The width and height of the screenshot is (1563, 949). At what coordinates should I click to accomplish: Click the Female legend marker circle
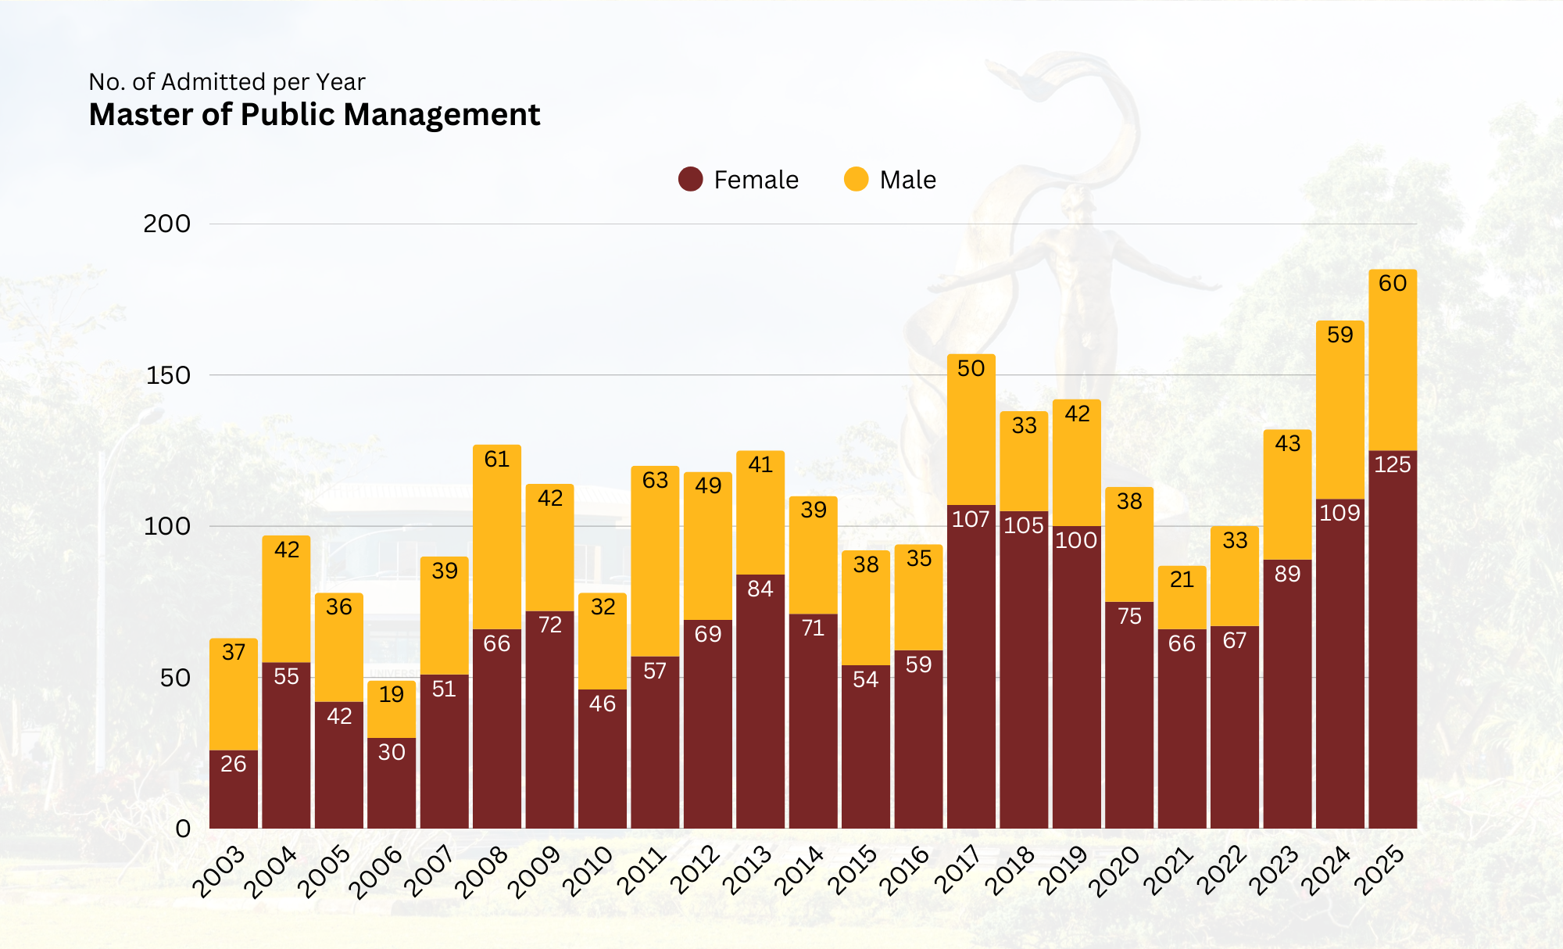[x=690, y=179]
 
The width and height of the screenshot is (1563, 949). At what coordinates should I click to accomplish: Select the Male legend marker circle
[x=856, y=179]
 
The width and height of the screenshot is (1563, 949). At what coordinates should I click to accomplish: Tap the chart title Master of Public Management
[x=314, y=115]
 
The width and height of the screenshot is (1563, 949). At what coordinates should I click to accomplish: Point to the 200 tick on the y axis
[x=166, y=224]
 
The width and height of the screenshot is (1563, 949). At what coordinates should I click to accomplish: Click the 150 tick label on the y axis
[x=168, y=375]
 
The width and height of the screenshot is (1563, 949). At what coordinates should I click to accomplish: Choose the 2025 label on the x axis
[x=1379, y=871]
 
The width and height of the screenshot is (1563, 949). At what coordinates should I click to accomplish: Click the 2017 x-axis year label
[x=958, y=871]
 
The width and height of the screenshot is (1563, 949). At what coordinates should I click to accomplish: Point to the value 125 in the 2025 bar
[x=1393, y=464]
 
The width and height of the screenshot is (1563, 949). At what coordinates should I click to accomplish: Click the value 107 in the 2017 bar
[x=971, y=519]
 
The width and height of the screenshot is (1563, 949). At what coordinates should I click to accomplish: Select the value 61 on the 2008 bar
[x=497, y=459]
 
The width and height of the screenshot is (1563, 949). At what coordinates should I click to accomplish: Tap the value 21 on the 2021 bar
[x=1182, y=579]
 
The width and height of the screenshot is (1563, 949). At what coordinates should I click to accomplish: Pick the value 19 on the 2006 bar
[x=392, y=694]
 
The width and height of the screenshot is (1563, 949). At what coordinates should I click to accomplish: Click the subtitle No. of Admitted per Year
[x=227, y=82]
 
